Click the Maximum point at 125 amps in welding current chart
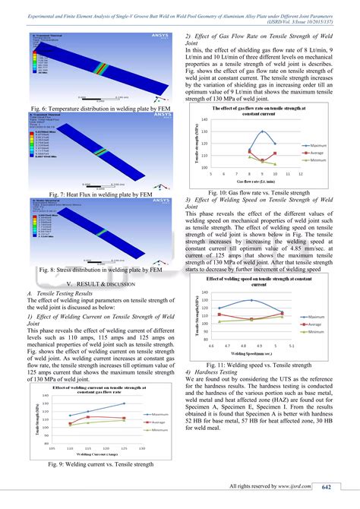(124, 403)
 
